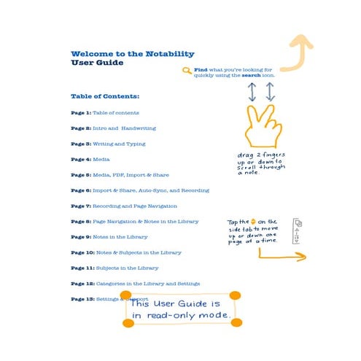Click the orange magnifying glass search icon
pos(187,71)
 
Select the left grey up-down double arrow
pos(252,91)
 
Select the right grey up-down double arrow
pos(270,91)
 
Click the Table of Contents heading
pos(105,96)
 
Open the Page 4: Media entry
pos(90,159)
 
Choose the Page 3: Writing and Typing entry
pos(108,144)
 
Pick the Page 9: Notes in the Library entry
pos(109,236)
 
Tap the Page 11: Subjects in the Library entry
pos(114,268)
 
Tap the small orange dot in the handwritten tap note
pos(253,221)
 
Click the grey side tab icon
pos(297,231)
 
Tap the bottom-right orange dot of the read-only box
pos(236,322)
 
